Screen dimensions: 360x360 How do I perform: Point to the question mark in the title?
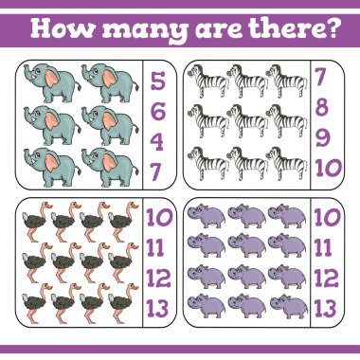point(332,27)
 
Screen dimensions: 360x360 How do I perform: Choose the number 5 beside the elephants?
point(157,81)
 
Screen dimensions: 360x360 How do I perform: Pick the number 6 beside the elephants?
point(157,111)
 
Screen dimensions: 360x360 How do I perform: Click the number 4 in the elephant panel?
point(157,141)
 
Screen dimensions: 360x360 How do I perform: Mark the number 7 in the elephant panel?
point(156,171)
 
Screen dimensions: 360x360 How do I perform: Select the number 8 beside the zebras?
point(321,107)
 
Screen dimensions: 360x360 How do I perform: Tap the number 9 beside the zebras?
point(322,138)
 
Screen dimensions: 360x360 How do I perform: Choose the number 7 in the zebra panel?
point(320,77)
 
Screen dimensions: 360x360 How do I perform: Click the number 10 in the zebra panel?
point(329,168)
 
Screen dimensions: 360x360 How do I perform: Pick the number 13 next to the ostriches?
point(157,308)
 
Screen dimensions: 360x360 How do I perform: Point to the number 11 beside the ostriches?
point(155,247)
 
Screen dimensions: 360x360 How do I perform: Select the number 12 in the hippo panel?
point(326,278)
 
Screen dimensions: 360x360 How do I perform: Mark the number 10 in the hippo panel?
point(327,217)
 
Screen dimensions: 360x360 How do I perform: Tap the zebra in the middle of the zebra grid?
point(247,120)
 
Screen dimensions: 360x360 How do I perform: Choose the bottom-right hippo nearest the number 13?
point(289,306)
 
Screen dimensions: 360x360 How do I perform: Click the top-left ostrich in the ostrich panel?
point(36,222)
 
